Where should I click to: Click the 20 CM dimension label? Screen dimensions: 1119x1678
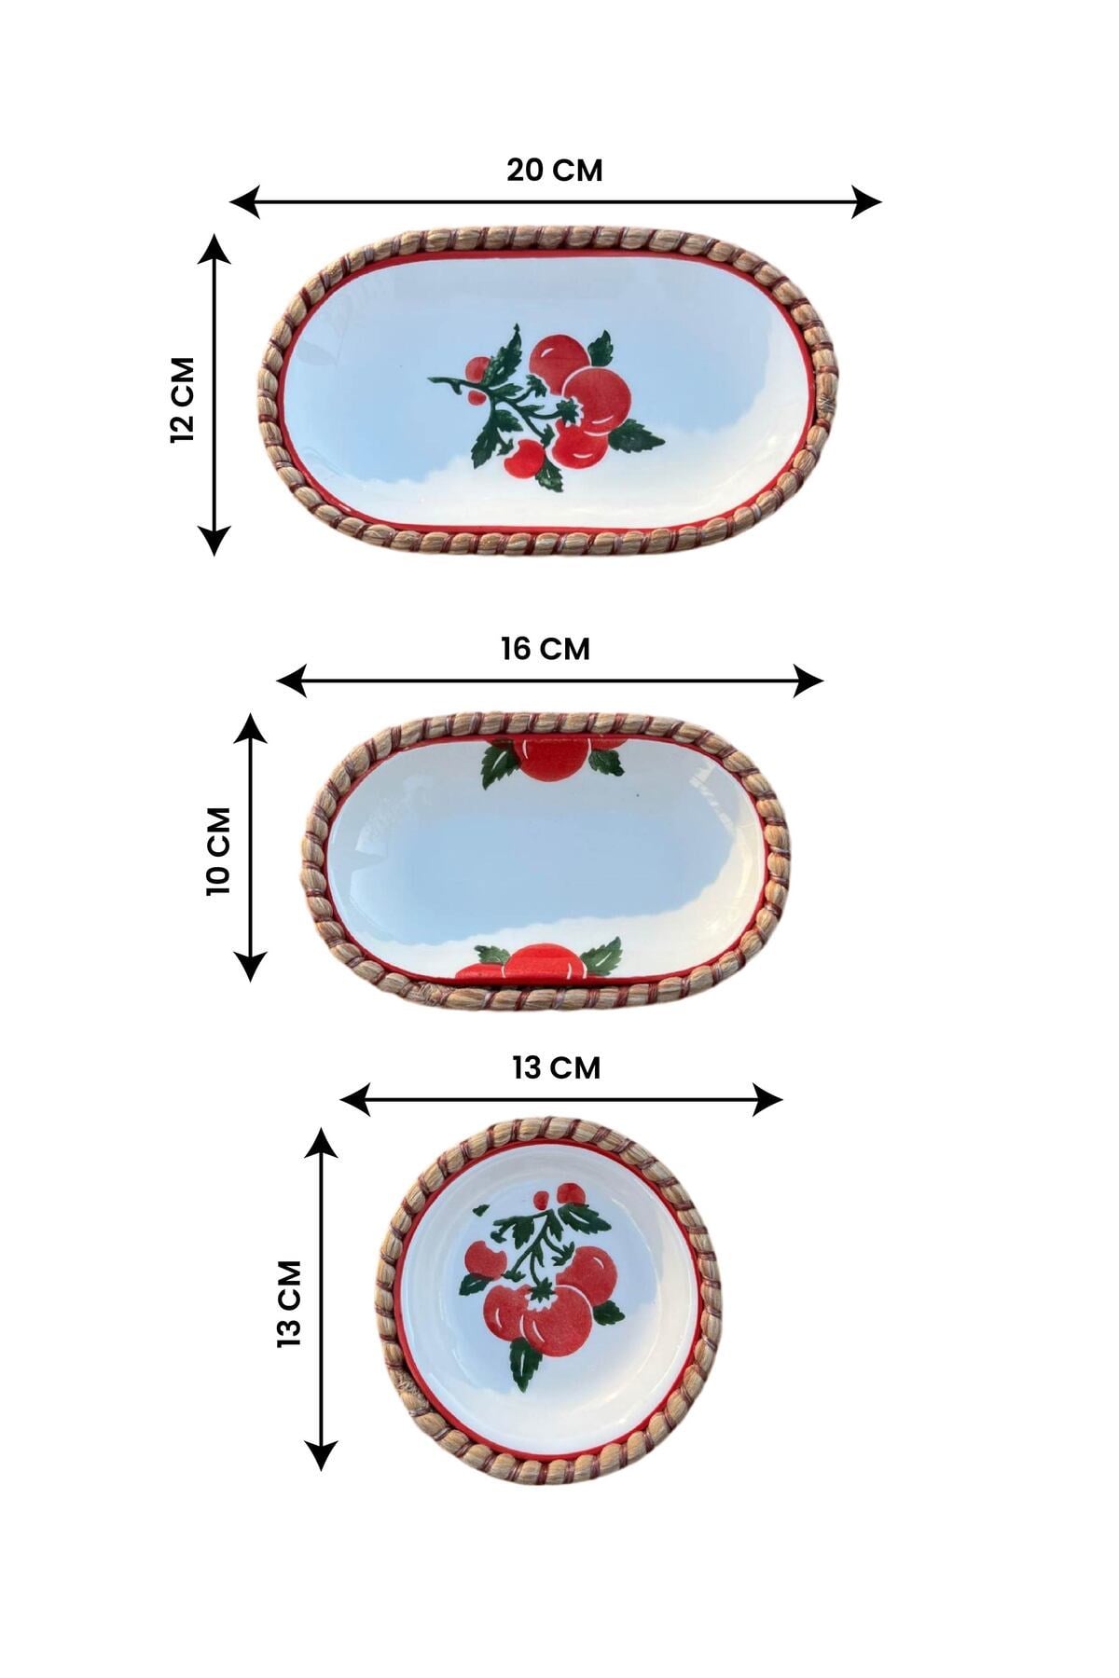555,171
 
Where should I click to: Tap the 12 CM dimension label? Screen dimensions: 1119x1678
183,399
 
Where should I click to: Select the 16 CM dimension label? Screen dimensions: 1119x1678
546,649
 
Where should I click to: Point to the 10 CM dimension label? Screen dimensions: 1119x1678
217,850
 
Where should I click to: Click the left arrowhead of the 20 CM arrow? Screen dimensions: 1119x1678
244,201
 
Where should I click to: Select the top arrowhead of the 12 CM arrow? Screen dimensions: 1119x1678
215,250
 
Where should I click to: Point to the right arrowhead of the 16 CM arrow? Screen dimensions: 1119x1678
808,681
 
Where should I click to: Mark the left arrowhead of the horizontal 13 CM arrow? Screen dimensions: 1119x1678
356,1100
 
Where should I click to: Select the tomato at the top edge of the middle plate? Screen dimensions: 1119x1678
553,758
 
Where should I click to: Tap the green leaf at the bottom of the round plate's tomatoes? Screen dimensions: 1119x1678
525,1364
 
